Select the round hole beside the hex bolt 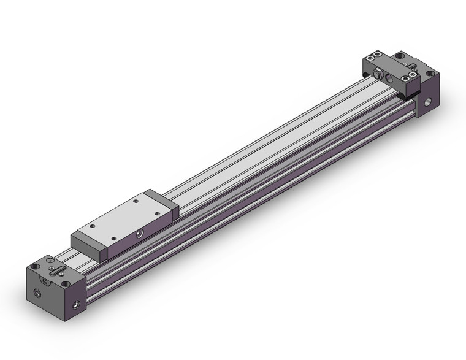click(388, 79)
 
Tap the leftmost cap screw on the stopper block click(370, 59)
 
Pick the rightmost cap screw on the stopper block click(414, 75)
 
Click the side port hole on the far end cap click(427, 102)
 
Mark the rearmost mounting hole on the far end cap click(400, 56)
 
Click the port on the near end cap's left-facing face click(38, 294)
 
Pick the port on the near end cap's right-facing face click(77, 304)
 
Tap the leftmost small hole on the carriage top click(93, 226)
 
